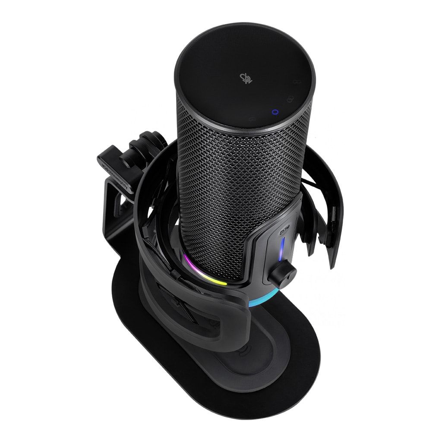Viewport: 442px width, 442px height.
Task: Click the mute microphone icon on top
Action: (244, 78)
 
